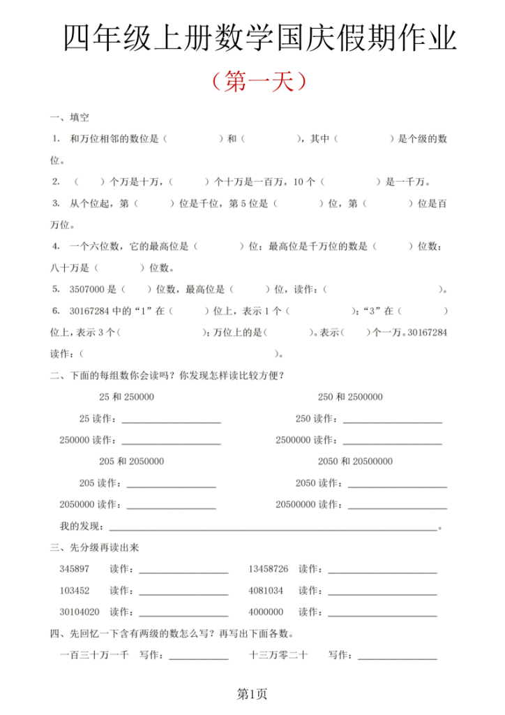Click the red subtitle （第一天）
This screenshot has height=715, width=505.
pyautogui.click(x=258, y=82)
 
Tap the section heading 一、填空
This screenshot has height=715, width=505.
pyautogui.click(x=70, y=117)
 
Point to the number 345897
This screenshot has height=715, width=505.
pyautogui.click(x=75, y=569)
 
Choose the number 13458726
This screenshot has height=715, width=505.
pyautogui.click(x=269, y=569)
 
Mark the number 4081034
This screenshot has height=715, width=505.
pyautogui.click(x=266, y=591)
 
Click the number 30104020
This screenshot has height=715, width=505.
pyautogui.click(x=80, y=612)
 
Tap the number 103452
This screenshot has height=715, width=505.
pyautogui.click(x=75, y=591)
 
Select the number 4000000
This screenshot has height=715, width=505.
pyautogui.click(x=266, y=612)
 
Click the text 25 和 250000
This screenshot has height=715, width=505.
pyautogui.click(x=126, y=397)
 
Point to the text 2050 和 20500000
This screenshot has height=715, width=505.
pyautogui.click(x=355, y=462)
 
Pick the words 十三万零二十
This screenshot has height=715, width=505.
pyautogui.click(x=278, y=655)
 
